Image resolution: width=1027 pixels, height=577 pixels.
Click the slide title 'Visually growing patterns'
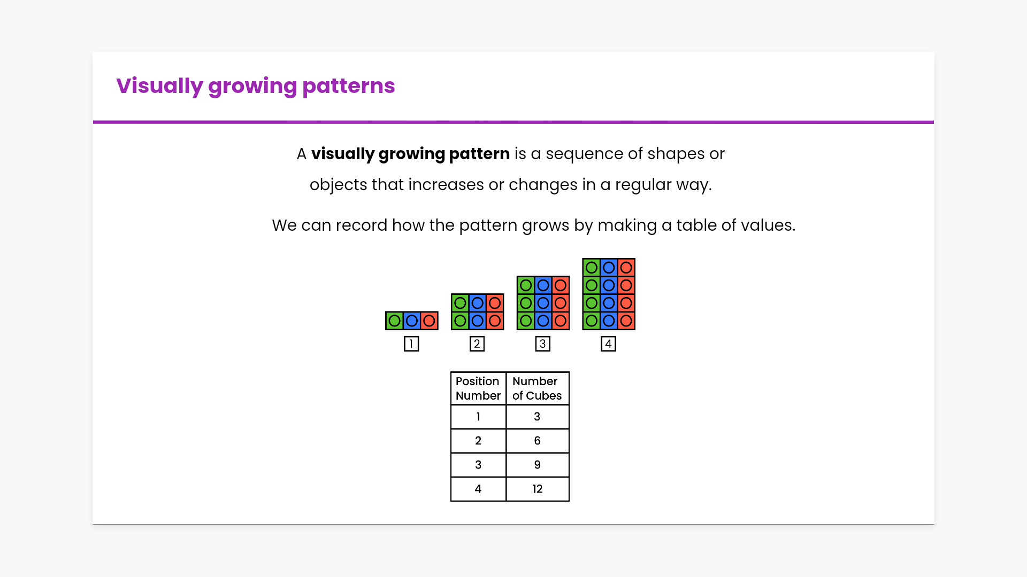256,86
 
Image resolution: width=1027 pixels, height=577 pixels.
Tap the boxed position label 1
411,344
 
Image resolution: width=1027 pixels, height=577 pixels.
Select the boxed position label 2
477,344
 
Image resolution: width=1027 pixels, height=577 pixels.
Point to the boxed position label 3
543,344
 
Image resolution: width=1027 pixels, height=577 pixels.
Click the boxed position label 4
609,344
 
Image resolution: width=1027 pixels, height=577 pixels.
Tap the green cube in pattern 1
394,321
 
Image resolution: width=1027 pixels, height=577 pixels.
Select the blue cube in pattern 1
412,321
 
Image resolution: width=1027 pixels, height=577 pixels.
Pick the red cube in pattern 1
429,321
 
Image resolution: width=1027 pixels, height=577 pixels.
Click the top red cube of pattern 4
626,268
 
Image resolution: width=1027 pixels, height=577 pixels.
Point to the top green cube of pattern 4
592,268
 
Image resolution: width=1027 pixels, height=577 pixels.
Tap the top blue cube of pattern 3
543,285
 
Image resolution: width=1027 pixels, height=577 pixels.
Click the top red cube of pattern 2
495,303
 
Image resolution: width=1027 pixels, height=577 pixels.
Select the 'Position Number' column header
478,388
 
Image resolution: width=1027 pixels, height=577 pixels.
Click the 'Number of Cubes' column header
538,388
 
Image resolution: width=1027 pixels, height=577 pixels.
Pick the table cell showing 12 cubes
538,489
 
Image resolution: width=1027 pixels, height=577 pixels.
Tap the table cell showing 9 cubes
538,465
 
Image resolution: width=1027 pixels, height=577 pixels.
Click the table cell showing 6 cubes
538,441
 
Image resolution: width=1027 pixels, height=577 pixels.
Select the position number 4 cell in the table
478,489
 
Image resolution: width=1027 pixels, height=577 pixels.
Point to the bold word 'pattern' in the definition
479,154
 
